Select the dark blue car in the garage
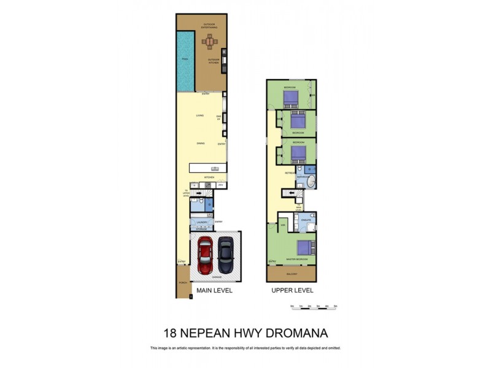pyautogui.click(x=226, y=256)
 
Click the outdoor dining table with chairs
pyautogui.click(x=211, y=42)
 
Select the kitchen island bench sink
pyautogui.click(x=215, y=168)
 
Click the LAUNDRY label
pyautogui.click(x=201, y=223)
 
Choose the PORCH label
pyautogui.click(x=182, y=283)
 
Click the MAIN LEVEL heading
pyautogui.click(x=214, y=291)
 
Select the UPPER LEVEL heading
pyautogui.click(x=292, y=291)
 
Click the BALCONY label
pyautogui.click(x=292, y=274)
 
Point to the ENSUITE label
pyautogui.click(x=306, y=219)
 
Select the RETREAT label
pyautogui.click(x=290, y=174)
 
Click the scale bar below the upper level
pyautogui.click(x=315, y=306)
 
